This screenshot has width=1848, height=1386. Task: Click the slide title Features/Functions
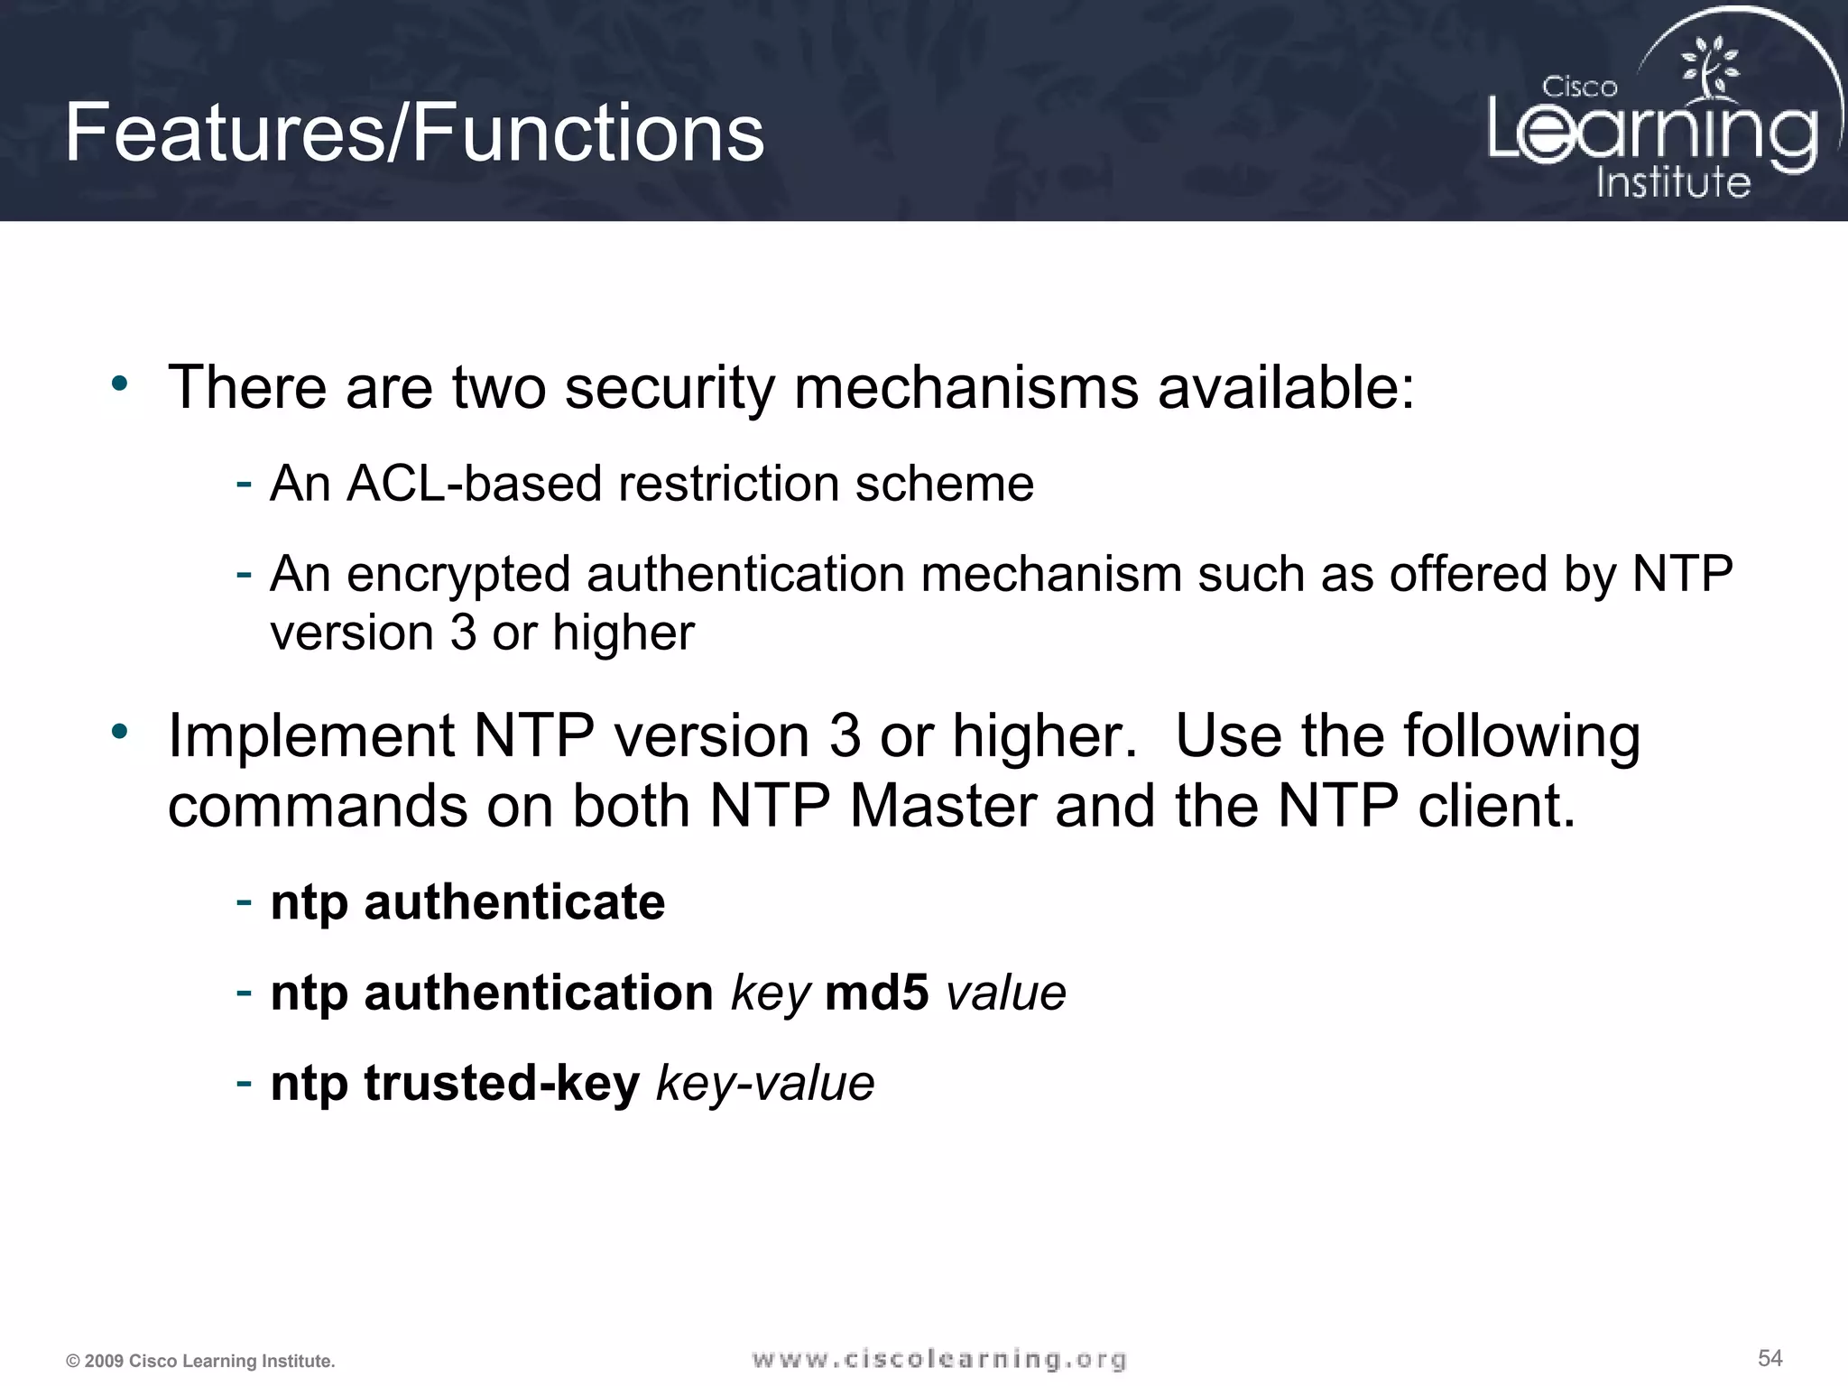click(414, 134)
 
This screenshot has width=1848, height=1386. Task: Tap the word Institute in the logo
click(1673, 182)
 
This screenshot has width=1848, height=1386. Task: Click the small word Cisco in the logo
click(1579, 88)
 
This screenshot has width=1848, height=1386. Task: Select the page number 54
click(1769, 1358)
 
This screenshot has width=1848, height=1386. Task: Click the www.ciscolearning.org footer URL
click(938, 1359)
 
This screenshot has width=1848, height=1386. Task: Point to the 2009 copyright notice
click(200, 1361)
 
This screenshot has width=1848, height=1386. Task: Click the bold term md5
click(876, 993)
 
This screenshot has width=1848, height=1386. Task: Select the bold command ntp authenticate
click(467, 901)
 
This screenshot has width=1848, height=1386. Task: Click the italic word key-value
click(765, 1083)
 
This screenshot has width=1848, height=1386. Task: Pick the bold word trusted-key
click(502, 1083)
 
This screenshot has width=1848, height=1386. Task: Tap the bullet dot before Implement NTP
click(120, 732)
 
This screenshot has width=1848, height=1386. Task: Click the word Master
click(942, 805)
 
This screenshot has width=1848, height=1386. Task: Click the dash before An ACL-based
click(243, 483)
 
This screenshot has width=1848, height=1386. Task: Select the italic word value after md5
click(1005, 993)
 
